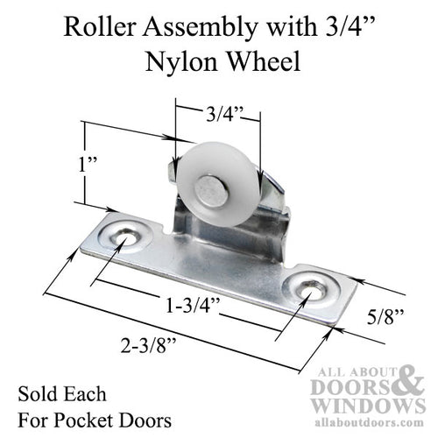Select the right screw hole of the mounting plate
pyautogui.click(x=308, y=286)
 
